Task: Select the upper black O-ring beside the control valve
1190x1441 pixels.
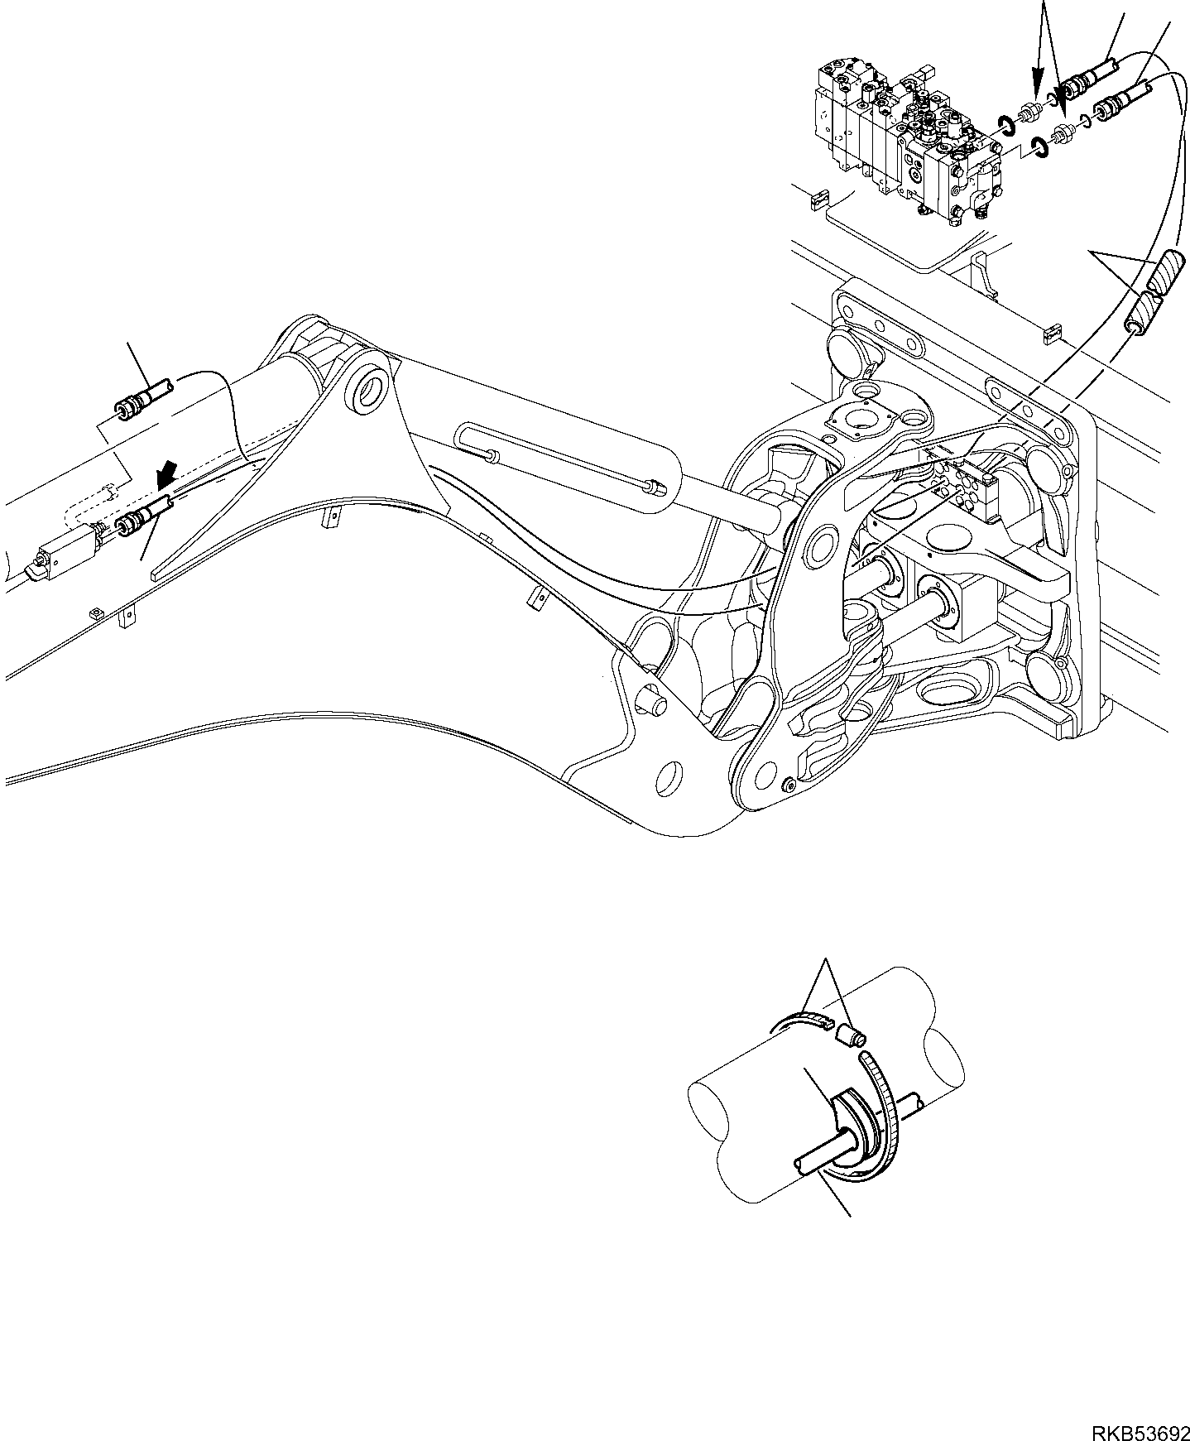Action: (1006, 125)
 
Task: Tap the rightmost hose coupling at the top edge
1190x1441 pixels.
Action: (1121, 97)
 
